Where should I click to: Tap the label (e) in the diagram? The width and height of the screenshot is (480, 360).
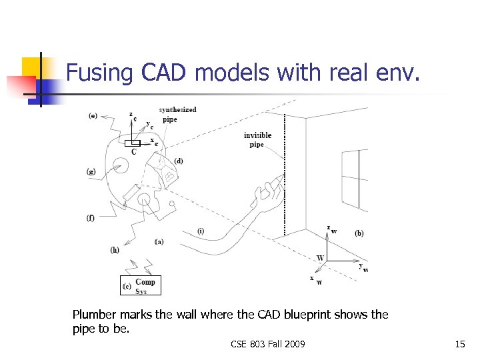pos(93,116)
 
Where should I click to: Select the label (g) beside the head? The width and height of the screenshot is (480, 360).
pos(91,171)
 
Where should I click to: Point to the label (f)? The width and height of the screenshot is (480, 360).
pos(91,217)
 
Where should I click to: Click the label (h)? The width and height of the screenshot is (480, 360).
pos(115,250)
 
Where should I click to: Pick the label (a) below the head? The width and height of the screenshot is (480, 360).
pos(159,241)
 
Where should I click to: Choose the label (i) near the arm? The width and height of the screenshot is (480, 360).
pos(201,231)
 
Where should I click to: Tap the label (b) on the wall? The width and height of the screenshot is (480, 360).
pos(359,233)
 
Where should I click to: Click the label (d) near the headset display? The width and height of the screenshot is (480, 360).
pos(179,161)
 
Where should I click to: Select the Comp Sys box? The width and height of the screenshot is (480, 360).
pos(141,285)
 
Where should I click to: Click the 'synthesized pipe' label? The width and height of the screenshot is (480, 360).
pos(177,115)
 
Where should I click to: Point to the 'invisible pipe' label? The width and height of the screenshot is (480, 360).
pos(257,140)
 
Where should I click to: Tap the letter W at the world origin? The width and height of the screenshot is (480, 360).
pos(321,258)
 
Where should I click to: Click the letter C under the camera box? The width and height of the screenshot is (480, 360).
pos(134,152)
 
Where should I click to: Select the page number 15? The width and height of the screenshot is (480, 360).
pos(459,344)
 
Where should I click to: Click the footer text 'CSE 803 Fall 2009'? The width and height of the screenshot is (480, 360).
pos(268,344)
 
